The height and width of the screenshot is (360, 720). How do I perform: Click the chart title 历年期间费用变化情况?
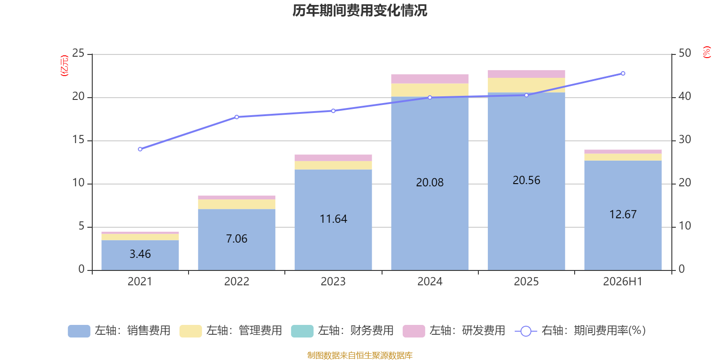360,11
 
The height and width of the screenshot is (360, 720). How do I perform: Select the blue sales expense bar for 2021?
140,255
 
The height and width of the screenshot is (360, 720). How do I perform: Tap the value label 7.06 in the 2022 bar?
237,238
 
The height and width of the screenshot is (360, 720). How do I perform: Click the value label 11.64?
333,219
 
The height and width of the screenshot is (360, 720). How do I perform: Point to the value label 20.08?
430,183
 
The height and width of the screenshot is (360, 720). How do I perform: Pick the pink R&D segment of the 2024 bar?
430,79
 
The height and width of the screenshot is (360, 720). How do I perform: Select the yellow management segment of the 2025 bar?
526,85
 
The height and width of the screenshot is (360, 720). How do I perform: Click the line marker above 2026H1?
623,74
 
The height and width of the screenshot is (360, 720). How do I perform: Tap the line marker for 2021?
140,149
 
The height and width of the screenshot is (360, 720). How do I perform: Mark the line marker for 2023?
333,111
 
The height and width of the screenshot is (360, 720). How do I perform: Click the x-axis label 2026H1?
623,282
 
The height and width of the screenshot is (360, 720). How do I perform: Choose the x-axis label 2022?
237,282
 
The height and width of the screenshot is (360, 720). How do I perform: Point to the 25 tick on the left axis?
78,53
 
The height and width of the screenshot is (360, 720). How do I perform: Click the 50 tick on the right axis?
684,53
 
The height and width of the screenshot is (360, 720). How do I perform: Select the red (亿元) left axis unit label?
65,66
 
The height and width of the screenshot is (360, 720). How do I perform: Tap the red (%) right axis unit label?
706,52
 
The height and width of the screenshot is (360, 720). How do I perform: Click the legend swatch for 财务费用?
302,331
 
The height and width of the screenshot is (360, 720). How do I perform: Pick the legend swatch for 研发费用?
414,331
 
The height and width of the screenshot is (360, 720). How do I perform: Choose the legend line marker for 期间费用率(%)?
526,331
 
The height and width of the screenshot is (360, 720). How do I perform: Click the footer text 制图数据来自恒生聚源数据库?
360,355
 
